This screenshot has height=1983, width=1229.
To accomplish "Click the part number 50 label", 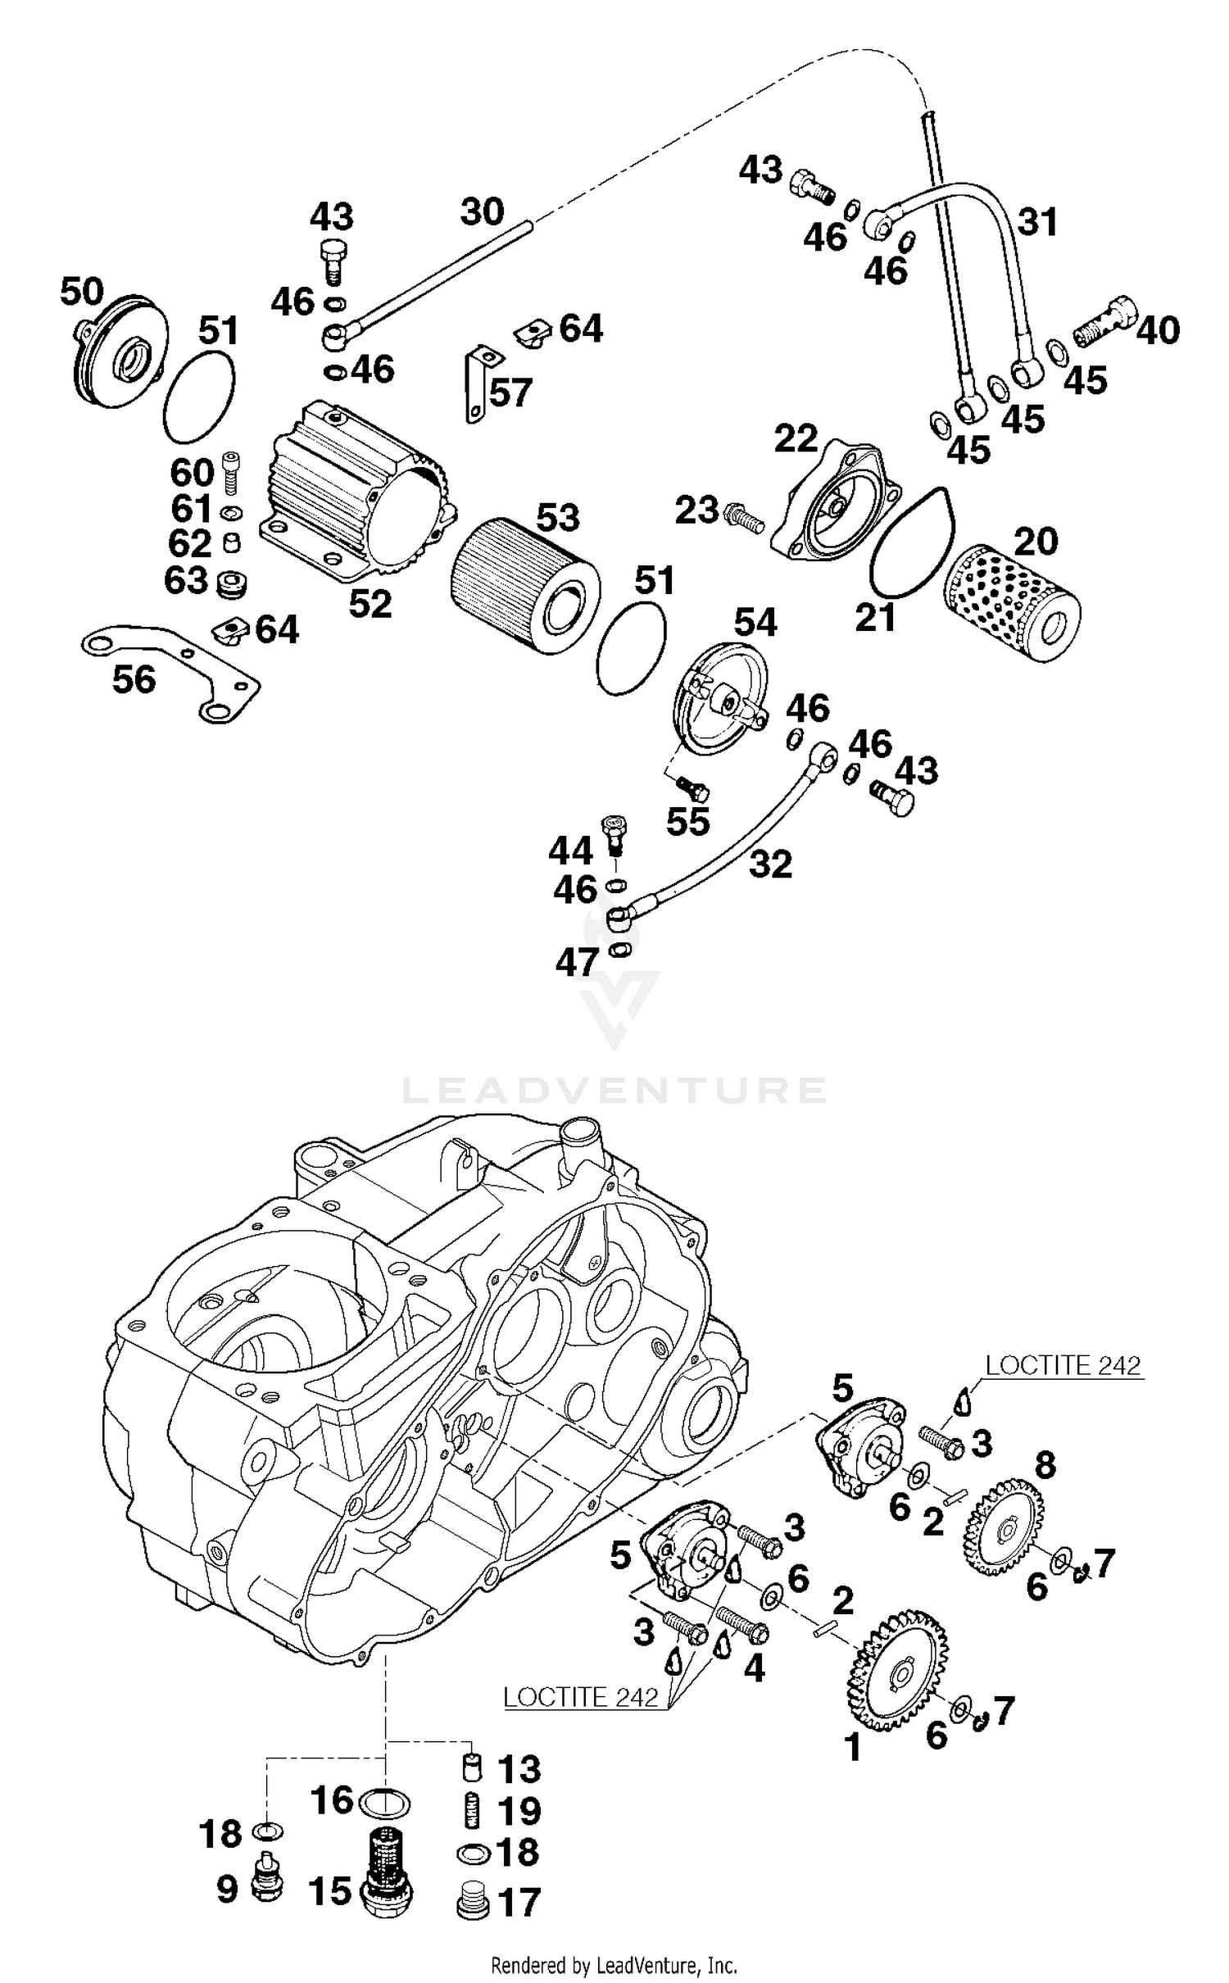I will pyautogui.click(x=82, y=292).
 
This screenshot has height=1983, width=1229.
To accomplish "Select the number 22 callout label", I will pyautogui.click(x=796, y=439).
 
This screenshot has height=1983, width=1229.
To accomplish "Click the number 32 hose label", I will pyautogui.click(x=770, y=864).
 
